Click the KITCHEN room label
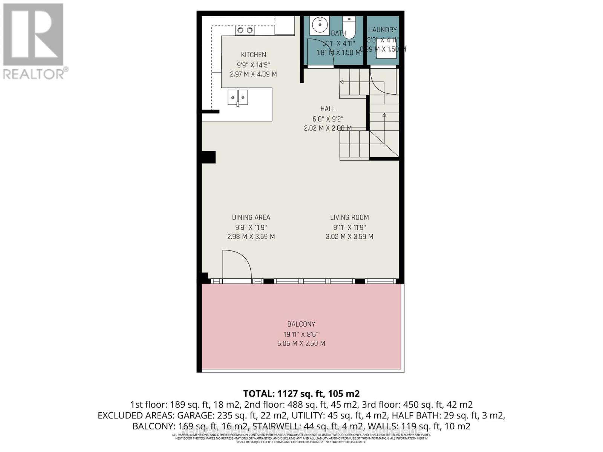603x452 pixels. pyautogui.click(x=253, y=55)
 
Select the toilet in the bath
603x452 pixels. pyautogui.click(x=349, y=27)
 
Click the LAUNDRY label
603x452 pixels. pyautogui.click(x=383, y=30)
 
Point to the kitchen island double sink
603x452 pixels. pyautogui.click(x=237, y=98)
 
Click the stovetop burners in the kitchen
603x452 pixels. pyautogui.click(x=245, y=30)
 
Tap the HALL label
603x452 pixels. pyautogui.click(x=328, y=109)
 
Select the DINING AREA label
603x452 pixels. pyautogui.click(x=251, y=217)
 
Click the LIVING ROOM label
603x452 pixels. pyautogui.click(x=349, y=217)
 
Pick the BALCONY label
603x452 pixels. pyautogui.click(x=301, y=324)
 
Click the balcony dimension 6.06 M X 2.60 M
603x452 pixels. pyautogui.click(x=301, y=344)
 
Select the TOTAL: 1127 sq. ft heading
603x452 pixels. pyautogui.click(x=301, y=394)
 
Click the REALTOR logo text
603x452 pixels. pyautogui.click(x=35, y=73)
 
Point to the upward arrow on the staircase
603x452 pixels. pyautogui.click(x=384, y=115)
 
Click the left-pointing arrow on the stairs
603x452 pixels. pyautogui.click(x=342, y=82)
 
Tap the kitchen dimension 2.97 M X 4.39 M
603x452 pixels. pyautogui.click(x=253, y=75)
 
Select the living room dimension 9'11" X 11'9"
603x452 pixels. pyautogui.click(x=349, y=228)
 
